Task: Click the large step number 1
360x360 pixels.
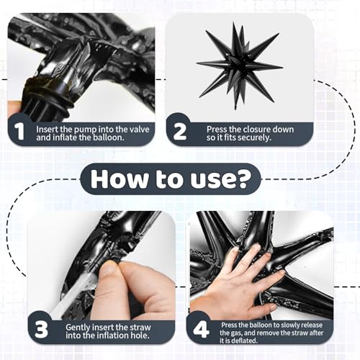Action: tap(19, 131)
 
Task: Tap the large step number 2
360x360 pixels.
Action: tap(179, 131)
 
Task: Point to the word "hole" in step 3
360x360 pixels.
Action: tap(140, 336)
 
